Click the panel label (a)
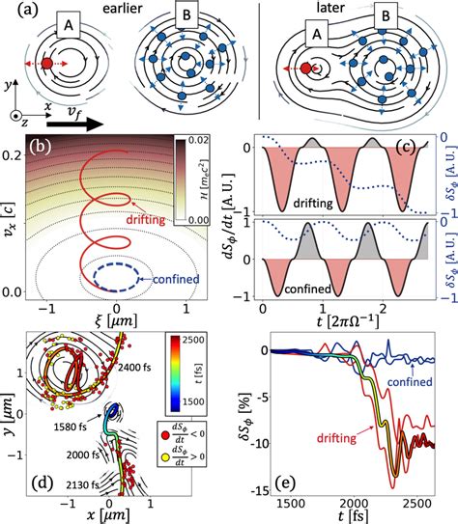(17, 13)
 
